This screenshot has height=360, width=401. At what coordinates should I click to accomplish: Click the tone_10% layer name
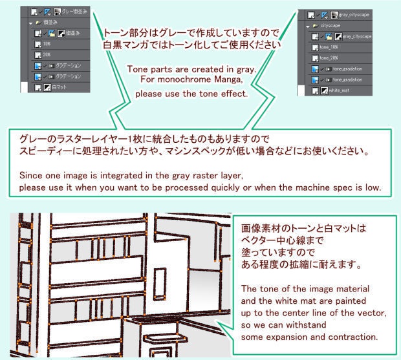point(330,47)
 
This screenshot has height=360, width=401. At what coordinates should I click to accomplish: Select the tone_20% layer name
point(330,58)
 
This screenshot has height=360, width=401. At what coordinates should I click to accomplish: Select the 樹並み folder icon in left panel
point(38,21)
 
